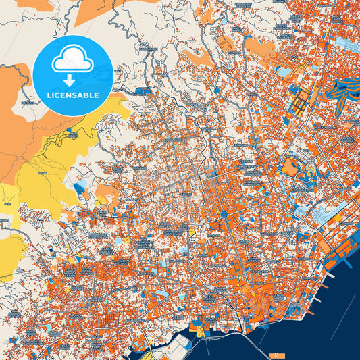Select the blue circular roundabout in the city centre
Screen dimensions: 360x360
224,214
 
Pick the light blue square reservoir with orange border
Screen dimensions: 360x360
284,71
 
